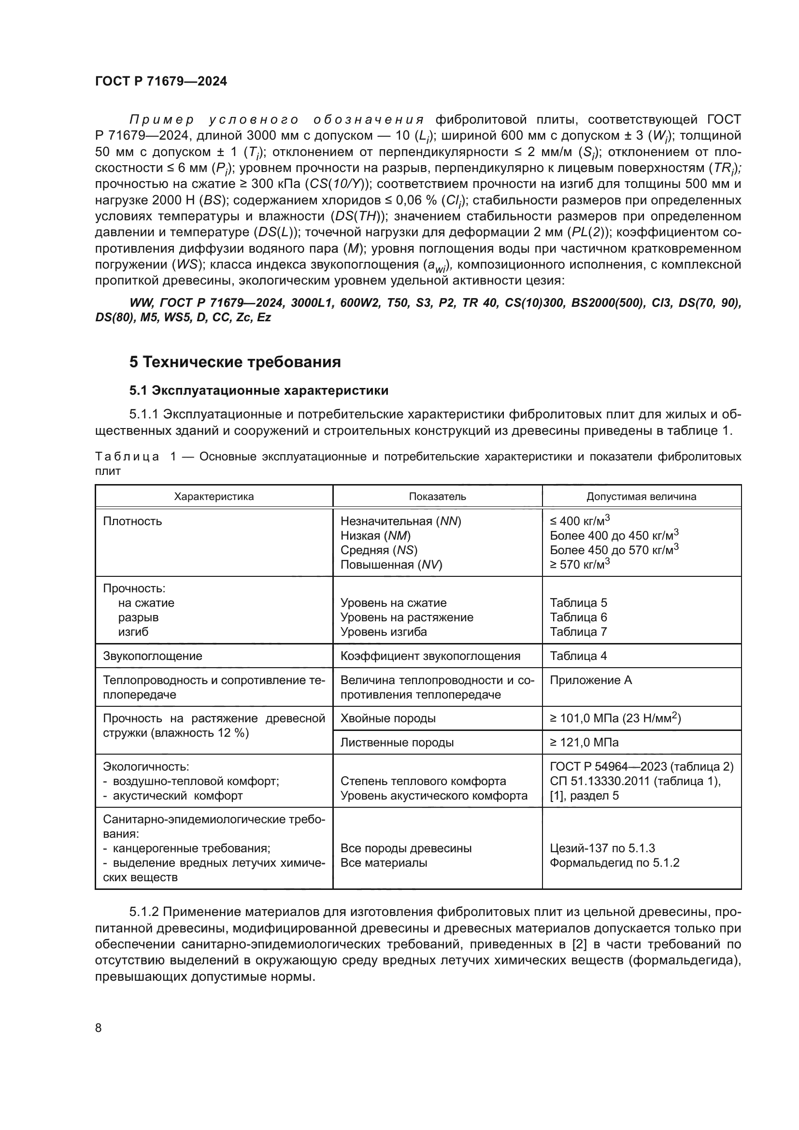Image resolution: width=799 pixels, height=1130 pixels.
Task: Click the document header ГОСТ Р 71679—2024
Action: click(161, 82)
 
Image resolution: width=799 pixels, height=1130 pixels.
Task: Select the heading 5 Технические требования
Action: click(235, 362)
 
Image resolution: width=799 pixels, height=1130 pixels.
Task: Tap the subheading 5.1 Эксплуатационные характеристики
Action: click(258, 390)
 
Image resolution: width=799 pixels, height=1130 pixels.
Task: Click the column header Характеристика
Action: click(214, 496)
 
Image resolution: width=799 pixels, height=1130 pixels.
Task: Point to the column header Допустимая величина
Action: click(641, 496)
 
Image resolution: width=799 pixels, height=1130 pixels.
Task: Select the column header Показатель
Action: click(437, 496)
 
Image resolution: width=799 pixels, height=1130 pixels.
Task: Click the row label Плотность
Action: click(132, 521)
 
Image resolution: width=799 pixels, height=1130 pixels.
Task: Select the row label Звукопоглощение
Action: click(153, 656)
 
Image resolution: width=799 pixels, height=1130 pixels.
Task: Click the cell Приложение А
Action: click(590, 680)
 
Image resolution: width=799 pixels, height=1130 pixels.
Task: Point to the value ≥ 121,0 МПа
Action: click(584, 742)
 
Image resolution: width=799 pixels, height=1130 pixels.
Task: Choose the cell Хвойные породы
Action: click(388, 718)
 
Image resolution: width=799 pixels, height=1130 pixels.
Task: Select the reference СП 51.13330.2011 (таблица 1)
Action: click(635, 781)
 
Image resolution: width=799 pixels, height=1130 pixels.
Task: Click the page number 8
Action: click(99, 1028)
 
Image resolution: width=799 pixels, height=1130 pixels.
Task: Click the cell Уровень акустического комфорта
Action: click(433, 795)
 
